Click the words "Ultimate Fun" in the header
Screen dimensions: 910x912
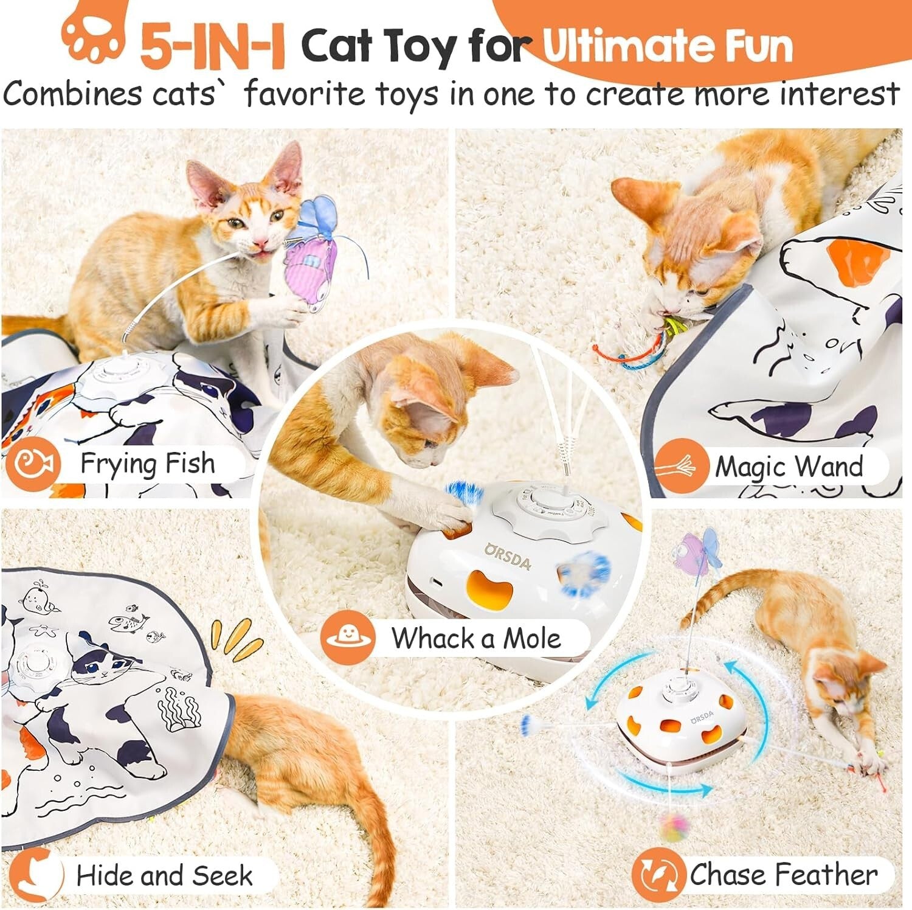click(x=667, y=46)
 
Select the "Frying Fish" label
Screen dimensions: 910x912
click(x=147, y=464)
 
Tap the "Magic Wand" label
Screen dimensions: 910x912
click(x=789, y=467)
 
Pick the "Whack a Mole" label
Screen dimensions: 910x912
click(x=475, y=638)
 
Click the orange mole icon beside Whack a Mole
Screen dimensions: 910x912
click(x=348, y=637)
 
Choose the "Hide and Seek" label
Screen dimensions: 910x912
click(x=164, y=875)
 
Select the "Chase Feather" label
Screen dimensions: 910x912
click(x=783, y=875)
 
